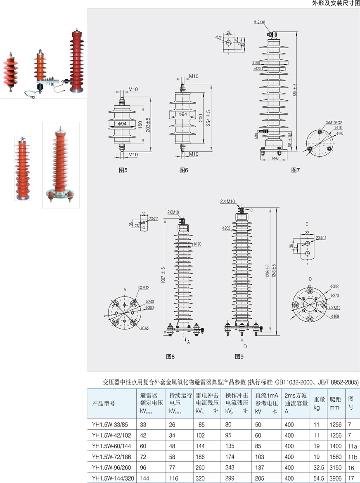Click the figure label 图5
[123, 170]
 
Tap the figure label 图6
[184, 170]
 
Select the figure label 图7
[295, 170]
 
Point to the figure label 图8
[171, 356]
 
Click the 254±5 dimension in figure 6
[208, 118]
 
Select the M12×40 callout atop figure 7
[259, 22]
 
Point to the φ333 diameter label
[335, 286]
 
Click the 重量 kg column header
[319, 403]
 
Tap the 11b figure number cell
[351, 457]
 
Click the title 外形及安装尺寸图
[336, 3]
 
